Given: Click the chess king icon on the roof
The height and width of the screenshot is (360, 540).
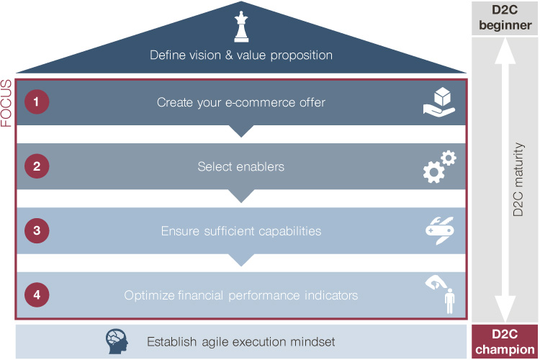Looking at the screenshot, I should coord(240,27).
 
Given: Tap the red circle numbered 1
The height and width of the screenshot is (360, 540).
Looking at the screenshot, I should coord(36,102).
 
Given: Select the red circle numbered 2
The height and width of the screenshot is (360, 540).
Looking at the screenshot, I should coord(36,166).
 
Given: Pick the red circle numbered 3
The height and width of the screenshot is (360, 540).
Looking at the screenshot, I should coord(36,231).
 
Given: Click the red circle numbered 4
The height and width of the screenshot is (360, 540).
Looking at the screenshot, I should coord(36,295).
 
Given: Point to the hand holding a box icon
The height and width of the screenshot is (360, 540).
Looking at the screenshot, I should coord(438,102).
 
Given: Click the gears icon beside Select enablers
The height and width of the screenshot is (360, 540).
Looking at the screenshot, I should coord(438,166).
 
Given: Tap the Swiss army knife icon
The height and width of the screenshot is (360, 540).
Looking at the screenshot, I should coord(438,230).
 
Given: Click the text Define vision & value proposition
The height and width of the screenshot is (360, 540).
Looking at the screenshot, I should coord(241,55).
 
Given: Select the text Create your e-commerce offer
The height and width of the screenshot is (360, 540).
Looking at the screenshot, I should coord(241,102).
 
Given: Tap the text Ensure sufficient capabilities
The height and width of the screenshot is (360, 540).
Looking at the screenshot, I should coord(241,231).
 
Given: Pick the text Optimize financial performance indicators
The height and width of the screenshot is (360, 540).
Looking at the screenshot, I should coord(241,295).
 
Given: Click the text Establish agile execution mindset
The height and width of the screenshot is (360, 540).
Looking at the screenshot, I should coord(241,341).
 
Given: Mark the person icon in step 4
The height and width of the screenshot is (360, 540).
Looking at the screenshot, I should coord(450,301).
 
